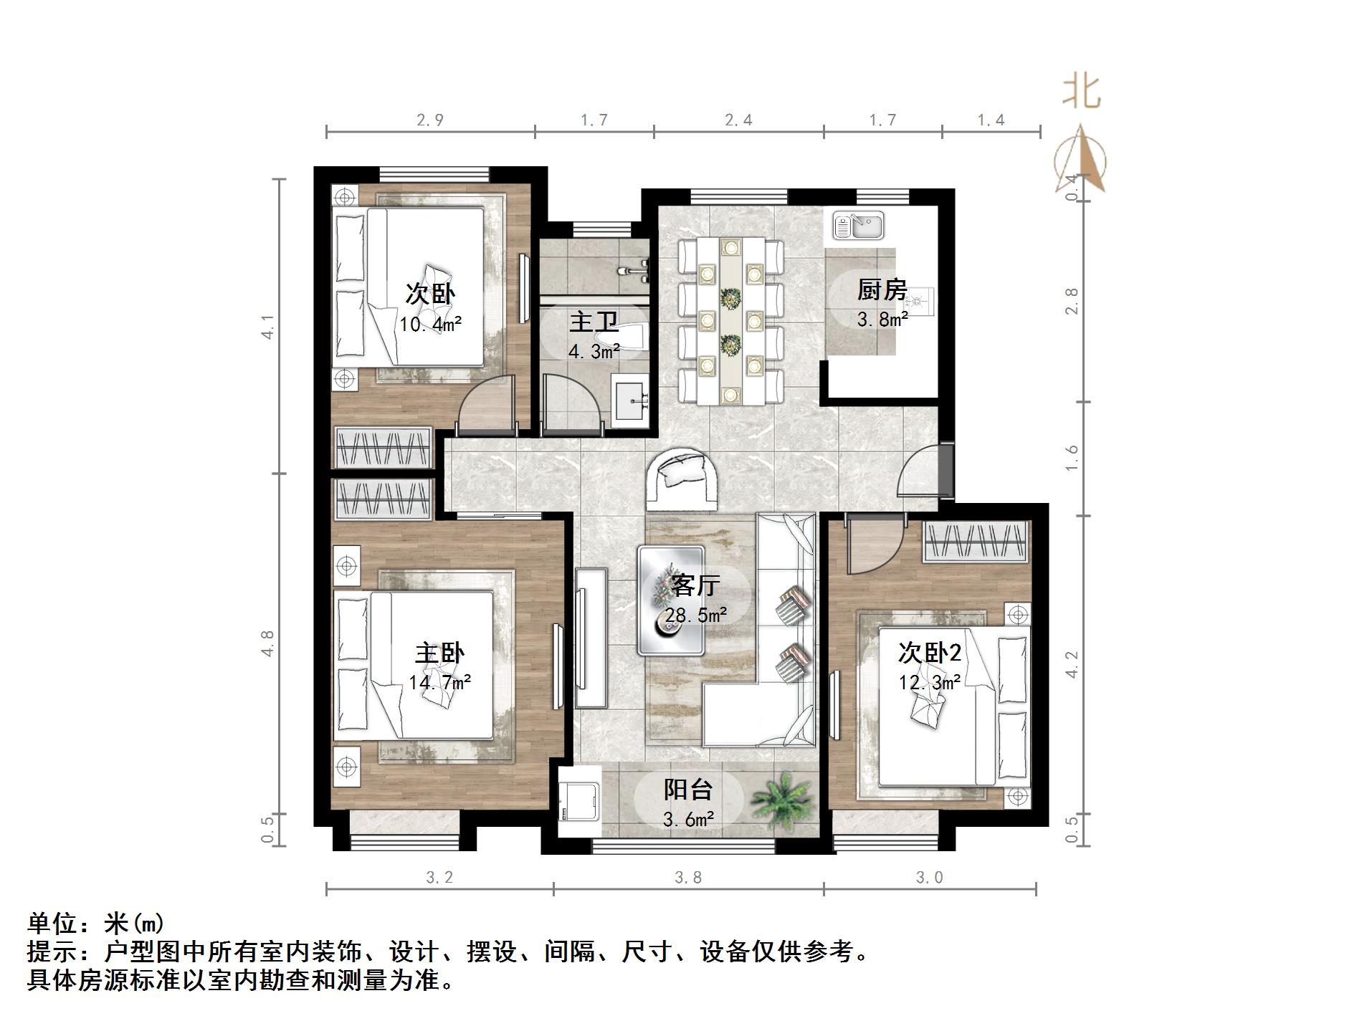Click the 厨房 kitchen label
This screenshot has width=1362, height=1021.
click(882, 290)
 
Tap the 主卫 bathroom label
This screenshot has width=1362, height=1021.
click(594, 322)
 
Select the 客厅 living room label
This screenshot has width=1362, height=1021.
click(695, 585)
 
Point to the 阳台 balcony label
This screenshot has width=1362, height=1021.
click(687, 789)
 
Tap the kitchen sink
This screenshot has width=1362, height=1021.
click(858, 225)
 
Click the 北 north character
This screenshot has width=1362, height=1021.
click(1081, 93)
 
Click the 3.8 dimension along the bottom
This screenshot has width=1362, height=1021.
click(687, 877)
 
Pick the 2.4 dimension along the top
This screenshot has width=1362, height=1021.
click(738, 120)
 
